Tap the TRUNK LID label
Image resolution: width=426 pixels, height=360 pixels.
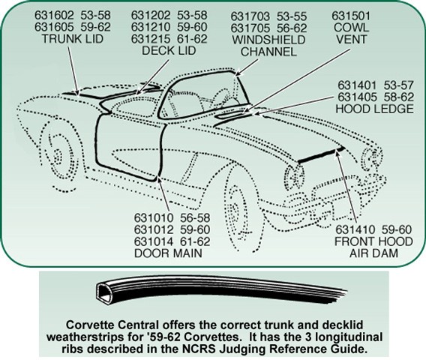[x=73, y=38]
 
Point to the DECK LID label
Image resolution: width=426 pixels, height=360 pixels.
[x=169, y=50]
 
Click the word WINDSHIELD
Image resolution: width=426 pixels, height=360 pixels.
[x=268, y=40]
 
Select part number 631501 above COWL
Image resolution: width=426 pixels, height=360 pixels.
[x=351, y=16]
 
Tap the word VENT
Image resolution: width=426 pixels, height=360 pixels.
[x=351, y=39]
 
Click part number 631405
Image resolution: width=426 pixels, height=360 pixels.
[x=357, y=97]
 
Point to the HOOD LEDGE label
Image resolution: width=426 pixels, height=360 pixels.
[x=375, y=109]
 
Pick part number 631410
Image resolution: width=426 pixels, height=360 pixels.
[x=355, y=229]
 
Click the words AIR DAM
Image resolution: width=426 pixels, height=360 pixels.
[x=373, y=253]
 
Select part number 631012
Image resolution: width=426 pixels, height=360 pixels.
[x=154, y=229]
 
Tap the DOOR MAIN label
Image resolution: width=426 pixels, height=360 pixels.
[x=169, y=253]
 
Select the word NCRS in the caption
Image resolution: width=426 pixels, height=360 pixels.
[x=234, y=349]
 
